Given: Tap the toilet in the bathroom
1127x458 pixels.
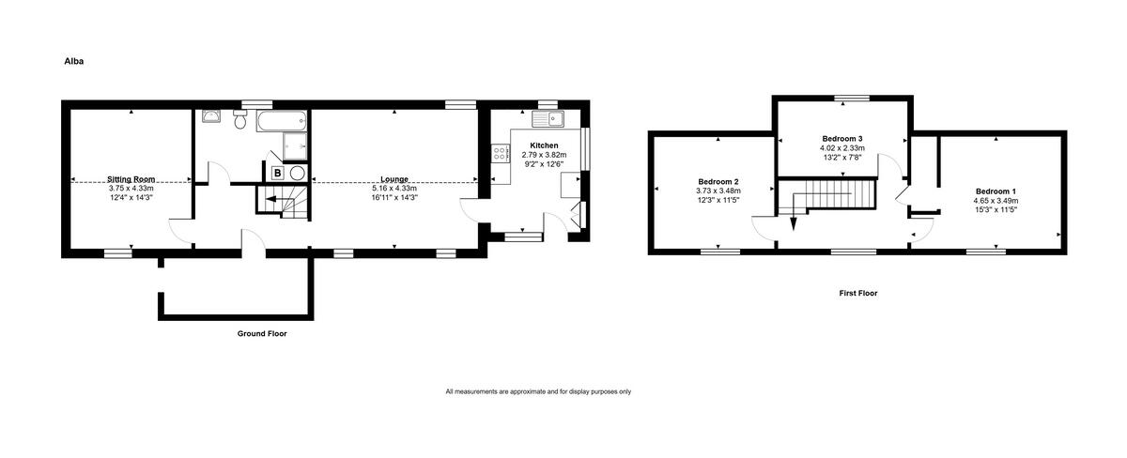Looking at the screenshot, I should (x=239, y=120).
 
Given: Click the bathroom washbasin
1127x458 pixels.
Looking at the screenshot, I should (x=213, y=116).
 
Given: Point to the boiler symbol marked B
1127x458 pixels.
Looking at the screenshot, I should (x=277, y=173).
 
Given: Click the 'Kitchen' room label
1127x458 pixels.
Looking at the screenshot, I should (x=544, y=145).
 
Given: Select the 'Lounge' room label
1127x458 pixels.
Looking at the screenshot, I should (x=394, y=178).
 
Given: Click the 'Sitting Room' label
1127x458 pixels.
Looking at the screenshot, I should (x=131, y=178).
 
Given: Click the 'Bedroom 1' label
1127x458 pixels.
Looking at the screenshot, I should (x=996, y=191).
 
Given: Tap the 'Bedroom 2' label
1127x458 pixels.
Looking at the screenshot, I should (x=718, y=181).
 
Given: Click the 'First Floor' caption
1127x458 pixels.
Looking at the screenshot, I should (x=857, y=293).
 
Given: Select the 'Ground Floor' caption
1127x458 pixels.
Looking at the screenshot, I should (x=262, y=333).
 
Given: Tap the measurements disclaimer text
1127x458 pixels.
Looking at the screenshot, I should (x=538, y=391).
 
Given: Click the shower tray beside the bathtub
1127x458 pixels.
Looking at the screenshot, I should (x=296, y=145).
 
